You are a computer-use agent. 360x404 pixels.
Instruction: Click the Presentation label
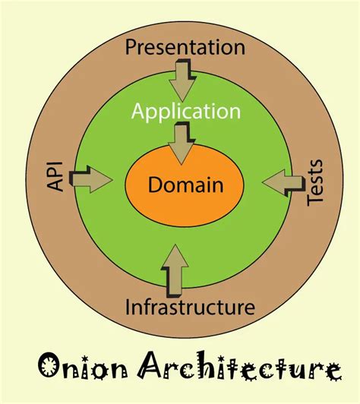(185, 48)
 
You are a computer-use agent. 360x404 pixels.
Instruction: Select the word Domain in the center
(185, 184)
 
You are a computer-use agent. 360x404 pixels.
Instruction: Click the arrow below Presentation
(183, 77)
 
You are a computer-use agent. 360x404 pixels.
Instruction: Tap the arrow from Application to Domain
(182, 144)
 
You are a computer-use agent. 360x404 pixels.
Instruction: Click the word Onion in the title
(83, 368)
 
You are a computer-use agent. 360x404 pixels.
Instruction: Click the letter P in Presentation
(131, 48)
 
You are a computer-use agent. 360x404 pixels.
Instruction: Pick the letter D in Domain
(156, 184)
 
